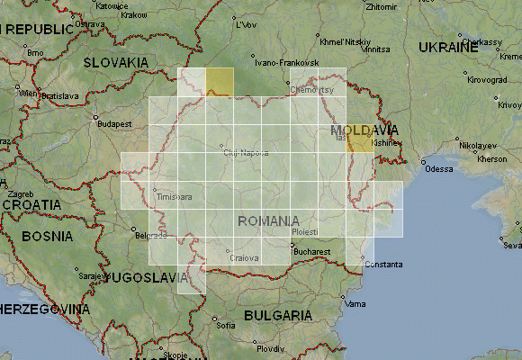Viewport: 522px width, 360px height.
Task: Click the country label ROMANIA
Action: coord(268,220)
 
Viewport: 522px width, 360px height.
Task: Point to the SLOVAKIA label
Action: coord(115,62)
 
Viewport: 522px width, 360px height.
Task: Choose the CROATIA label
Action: coord(31,204)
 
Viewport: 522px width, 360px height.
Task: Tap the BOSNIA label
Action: coord(47,237)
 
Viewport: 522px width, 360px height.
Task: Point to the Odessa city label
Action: coord(439,168)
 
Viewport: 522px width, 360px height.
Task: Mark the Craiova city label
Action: coord(245,258)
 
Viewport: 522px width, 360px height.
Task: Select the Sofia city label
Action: coord(226,325)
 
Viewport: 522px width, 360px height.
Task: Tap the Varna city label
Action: coord(356,303)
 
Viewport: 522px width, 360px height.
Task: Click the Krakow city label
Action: coord(134,15)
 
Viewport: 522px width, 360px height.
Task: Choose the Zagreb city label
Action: coord(21,193)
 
